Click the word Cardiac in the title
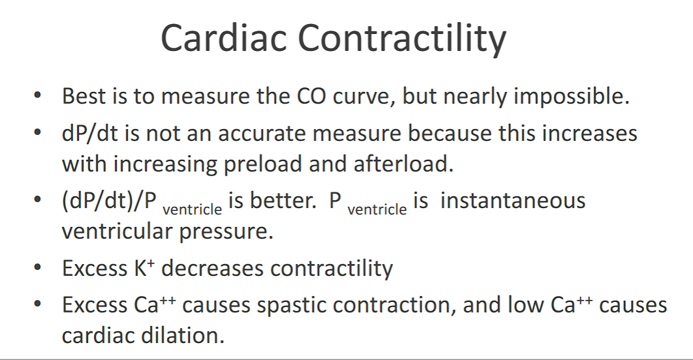tap(224, 38)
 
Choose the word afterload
tap(403, 164)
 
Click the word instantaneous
tap(513, 200)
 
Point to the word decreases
tap(213, 268)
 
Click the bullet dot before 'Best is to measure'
tap(38, 95)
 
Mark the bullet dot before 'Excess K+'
tap(38, 267)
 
